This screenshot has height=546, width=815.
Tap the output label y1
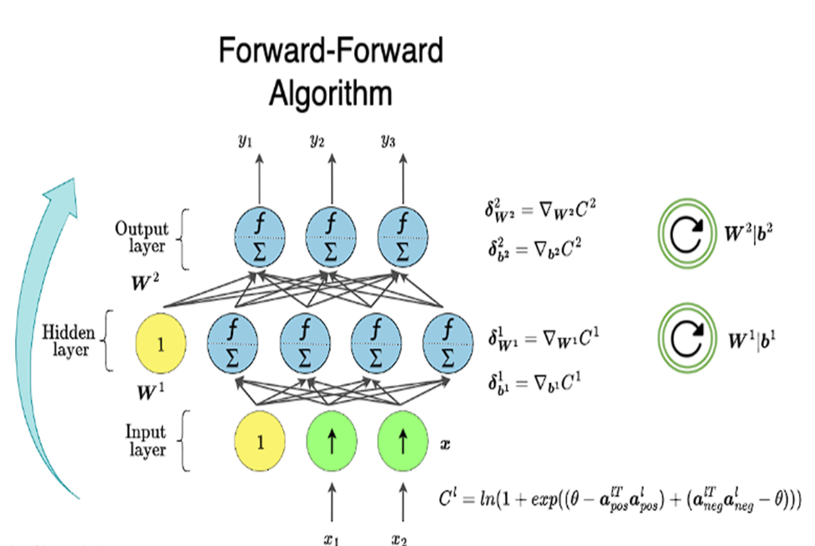pyautogui.click(x=245, y=142)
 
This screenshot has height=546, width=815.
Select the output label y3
pyautogui.click(x=388, y=142)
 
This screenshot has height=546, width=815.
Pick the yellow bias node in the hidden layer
pyautogui.click(x=160, y=343)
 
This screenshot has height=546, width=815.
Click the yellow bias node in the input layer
pyautogui.click(x=259, y=443)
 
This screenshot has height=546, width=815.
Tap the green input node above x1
pyautogui.click(x=331, y=443)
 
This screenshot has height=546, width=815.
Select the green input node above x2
pyautogui.click(x=403, y=443)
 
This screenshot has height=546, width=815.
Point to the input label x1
pyautogui.click(x=331, y=538)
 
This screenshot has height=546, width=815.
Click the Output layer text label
pyautogui.click(x=142, y=237)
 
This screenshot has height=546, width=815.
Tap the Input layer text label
pyautogui.click(x=146, y=441)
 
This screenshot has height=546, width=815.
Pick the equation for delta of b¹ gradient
pyautogui.click(x=533, y=384)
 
